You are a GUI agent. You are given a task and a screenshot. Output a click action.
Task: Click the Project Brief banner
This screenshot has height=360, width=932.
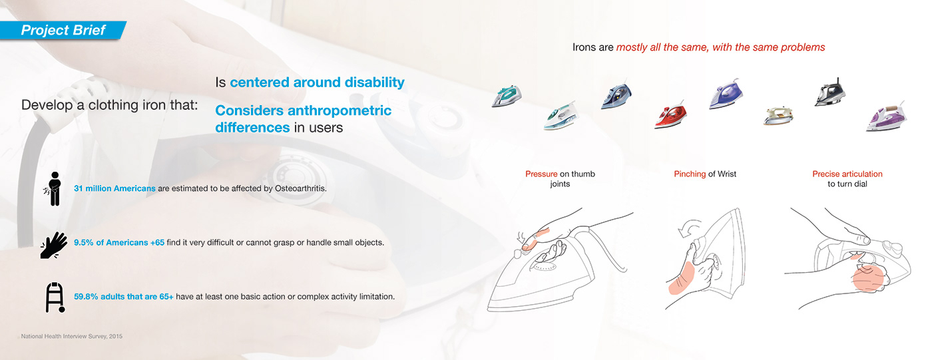63,31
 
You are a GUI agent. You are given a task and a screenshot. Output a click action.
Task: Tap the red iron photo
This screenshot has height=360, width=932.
670,115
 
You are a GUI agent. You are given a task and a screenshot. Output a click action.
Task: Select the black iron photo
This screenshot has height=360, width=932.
829,92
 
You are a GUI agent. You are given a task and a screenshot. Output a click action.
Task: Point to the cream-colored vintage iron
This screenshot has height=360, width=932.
778,115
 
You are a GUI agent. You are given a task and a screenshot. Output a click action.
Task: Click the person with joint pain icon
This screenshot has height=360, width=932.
53,189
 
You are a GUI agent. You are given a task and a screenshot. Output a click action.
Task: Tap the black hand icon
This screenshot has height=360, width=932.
54,246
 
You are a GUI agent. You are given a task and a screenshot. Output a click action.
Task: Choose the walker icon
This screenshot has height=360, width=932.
55,297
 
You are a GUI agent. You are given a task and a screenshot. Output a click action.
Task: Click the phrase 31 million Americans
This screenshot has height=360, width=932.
115,188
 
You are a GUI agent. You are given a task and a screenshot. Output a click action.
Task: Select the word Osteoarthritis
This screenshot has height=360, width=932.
300,188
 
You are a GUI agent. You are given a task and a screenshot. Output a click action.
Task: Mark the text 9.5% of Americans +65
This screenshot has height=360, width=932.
119,242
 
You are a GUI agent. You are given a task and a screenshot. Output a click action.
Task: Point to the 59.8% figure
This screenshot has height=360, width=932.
86,296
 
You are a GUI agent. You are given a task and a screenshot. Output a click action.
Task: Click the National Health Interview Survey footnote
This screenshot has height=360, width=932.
72,336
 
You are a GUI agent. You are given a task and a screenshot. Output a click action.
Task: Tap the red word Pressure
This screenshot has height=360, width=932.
541,174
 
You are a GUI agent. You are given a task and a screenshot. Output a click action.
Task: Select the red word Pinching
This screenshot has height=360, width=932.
690,174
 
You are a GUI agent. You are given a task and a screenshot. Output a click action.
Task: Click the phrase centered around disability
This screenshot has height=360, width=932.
317,83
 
